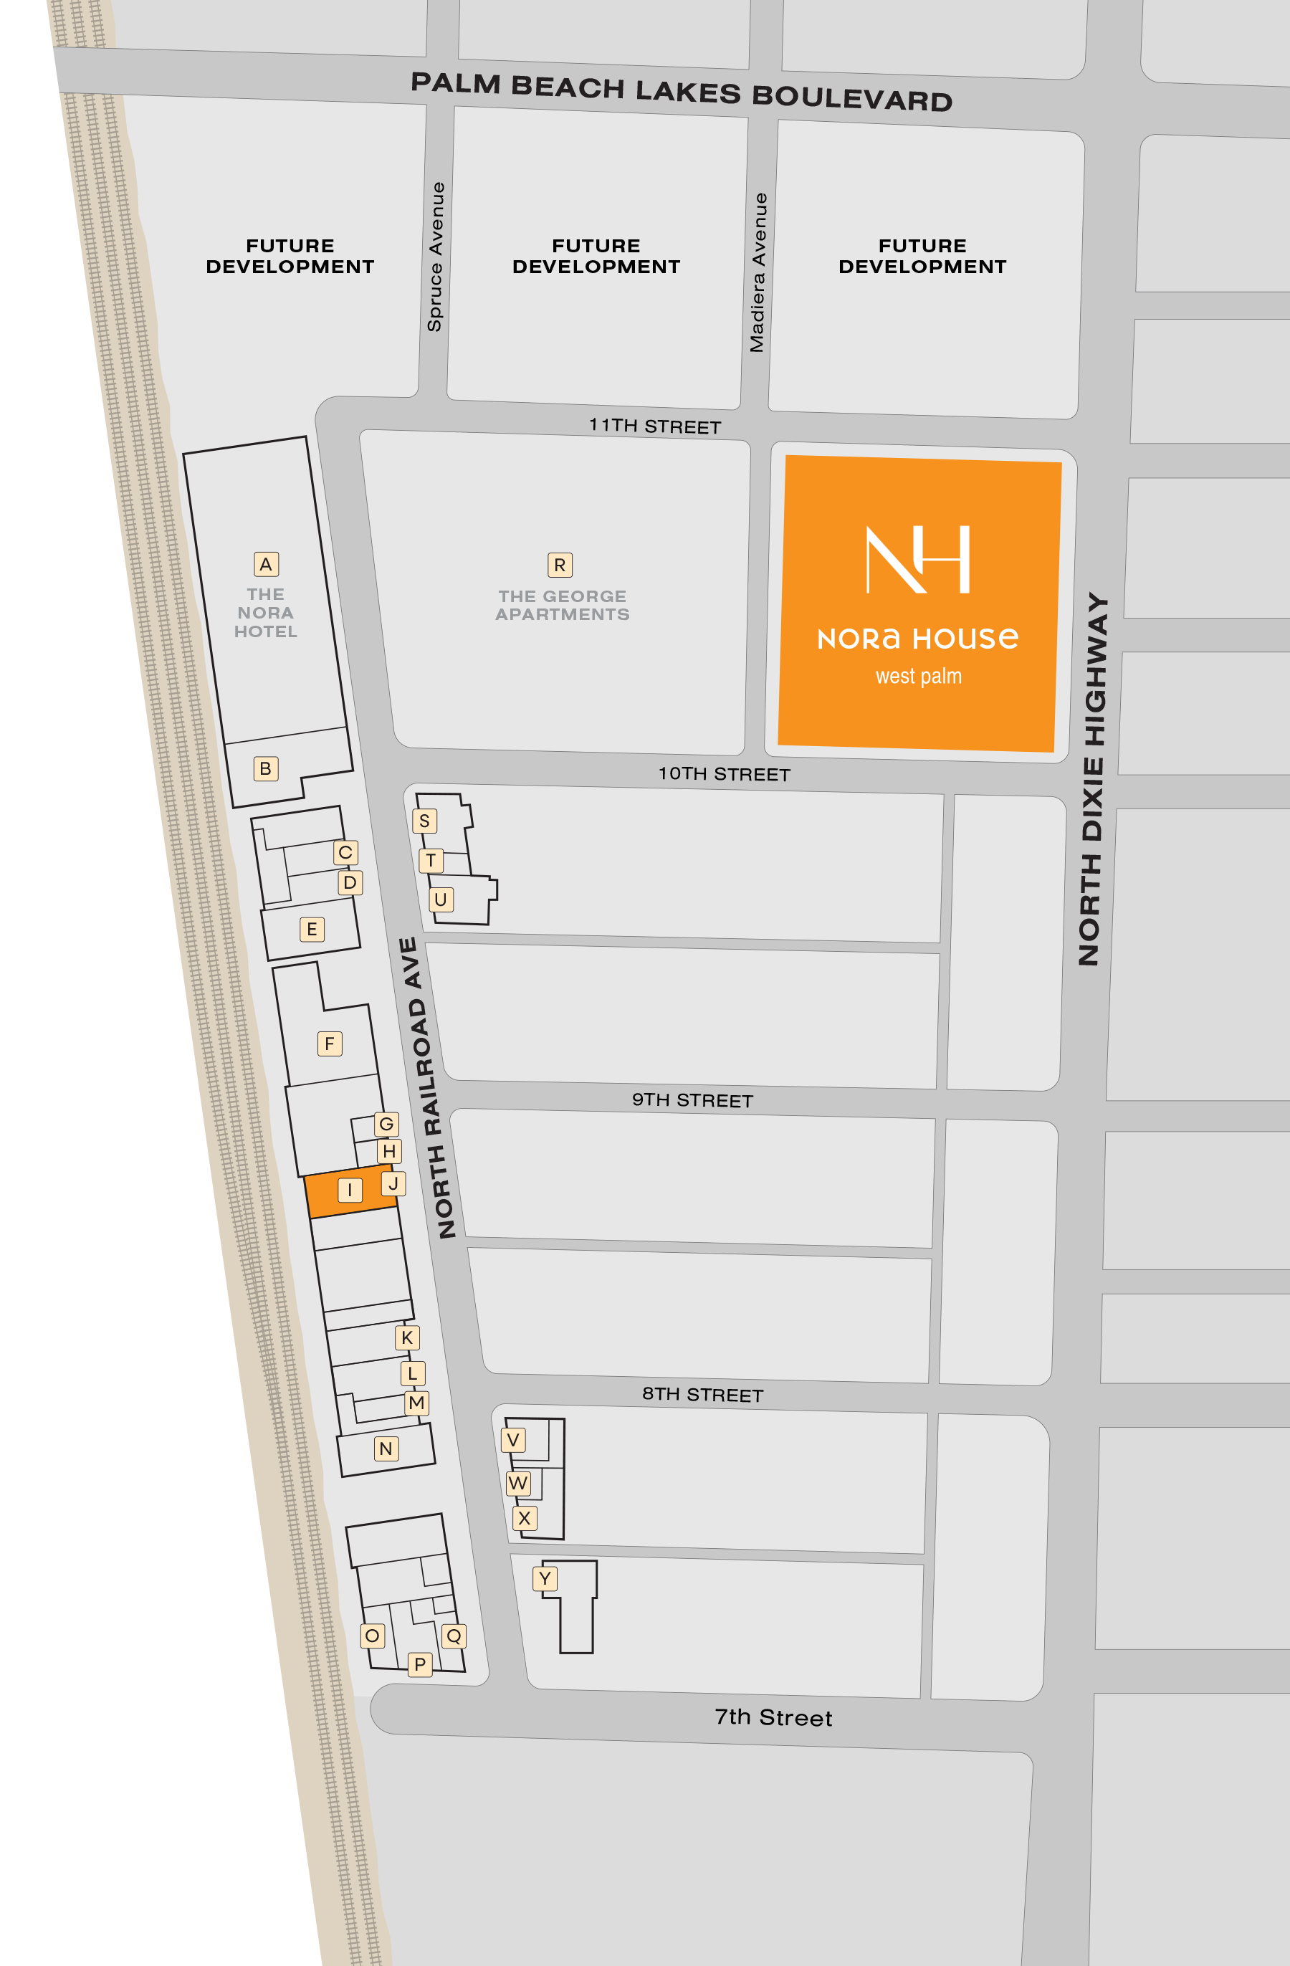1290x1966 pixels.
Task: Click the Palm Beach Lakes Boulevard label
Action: click(x=682, y=92)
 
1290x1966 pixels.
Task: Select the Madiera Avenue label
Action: click(x=758, y=272)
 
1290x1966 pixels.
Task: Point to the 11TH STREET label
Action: click(x=655, y=426)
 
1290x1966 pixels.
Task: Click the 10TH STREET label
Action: click(x=725, y=774)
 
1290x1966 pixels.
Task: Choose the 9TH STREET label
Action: click(x=692, y=1100)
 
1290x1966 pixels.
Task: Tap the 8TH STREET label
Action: click(x=703, y=1394)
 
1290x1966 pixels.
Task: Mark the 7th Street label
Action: click(x=773, y=1717)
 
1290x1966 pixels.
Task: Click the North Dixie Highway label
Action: click(x=1093, y=778)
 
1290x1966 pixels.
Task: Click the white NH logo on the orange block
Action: click(x=917, y=559)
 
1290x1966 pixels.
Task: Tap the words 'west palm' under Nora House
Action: click(x=918, y=677)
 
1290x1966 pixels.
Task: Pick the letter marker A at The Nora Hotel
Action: click(x=266, y=564)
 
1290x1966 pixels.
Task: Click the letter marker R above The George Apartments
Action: click(x=560, y=565)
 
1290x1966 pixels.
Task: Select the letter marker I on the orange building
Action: click(x=350, y=1190)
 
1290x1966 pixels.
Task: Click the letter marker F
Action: click(x=330, y=1044)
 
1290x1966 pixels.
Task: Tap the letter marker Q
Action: click(x=454, y=1636)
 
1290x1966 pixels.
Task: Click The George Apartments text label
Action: click(x=563, y=606)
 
